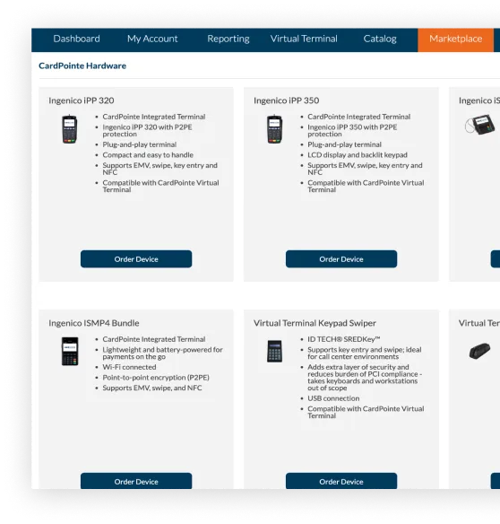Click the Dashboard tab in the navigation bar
[x=76, y=39]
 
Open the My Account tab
[x=152, y=39]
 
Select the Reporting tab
[x=228, y=39]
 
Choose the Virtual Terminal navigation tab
[x=304, y=39]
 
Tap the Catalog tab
[x=380, y=39]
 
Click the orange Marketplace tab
[x=455, y=39]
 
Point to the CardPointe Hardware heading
[x=82, y=65]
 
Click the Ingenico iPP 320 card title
[x=82, y=100]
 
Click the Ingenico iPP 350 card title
[x=286, y=100]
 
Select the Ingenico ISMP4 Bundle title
[x=94, y=323]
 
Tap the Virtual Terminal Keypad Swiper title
[x=315, y=323]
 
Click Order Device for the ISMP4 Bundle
[x=136, y=481]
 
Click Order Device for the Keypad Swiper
[x=341, y=481]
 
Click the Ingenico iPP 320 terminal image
[x=69, y=130]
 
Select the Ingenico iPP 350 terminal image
[x=274, y=130]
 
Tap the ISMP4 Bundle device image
[x=69, y=351]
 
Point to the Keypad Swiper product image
[x=274, y=351]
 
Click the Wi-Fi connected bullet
[x=129, y=367]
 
